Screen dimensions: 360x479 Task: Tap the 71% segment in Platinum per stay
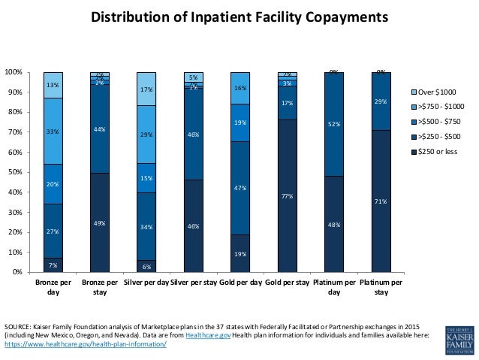[381, 201]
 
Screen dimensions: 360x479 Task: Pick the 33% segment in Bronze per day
[53, 131]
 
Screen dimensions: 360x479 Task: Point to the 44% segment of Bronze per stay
[99, 129]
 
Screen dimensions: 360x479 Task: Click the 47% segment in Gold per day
[239, 189]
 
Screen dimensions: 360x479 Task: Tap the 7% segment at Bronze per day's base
[53, 265]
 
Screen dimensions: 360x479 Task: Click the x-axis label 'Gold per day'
[239, 283]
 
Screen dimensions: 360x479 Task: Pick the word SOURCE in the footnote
[18, 326]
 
